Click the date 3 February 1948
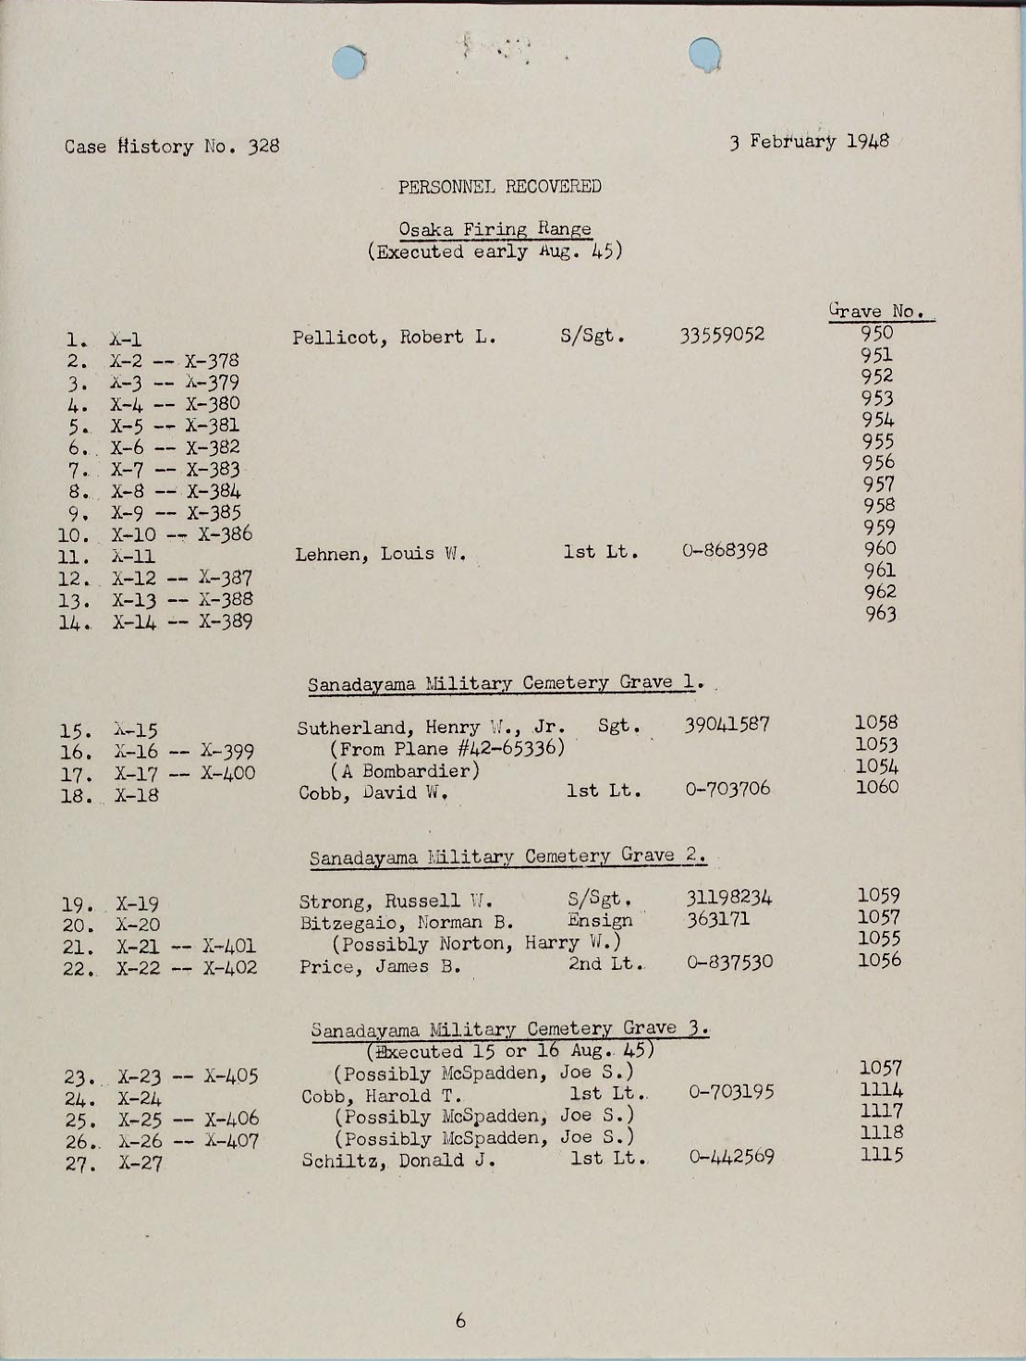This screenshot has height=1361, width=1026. pyautogui.click(x=809, y=143)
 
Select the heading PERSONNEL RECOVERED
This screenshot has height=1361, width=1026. pyautogui.click(x=500, y=187)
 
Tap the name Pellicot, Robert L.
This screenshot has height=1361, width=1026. pyautogui.click(x=395, y=337)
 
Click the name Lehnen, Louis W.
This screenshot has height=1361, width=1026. pyautogui.click(x=380, y=555)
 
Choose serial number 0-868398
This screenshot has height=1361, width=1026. pyautogui.click(x=726, y=551)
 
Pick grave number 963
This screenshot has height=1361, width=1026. pyautogui.click(x=880, y=613)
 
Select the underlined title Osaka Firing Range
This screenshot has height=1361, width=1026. pyautogui.click(x=495, y=228)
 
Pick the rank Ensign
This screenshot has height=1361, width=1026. pyautogui.click(x=600, y=920)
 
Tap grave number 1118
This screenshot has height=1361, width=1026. pyautogui.click(x=881, y=1133)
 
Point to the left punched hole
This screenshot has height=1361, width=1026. pyautogui.click(x=351, y=61)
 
